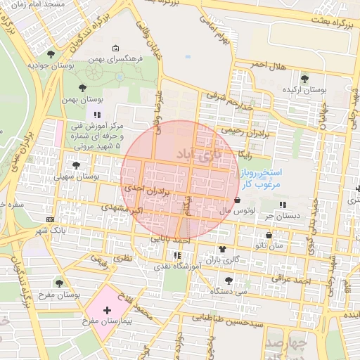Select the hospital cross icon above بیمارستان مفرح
point(107,309)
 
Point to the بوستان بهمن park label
point(83,102)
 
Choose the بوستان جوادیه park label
point(51,65)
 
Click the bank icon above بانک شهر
point(49,219)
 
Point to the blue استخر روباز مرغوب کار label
point(259,177)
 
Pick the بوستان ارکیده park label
point(304,91)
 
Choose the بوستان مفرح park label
point(59,294)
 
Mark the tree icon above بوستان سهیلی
point(76,165)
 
